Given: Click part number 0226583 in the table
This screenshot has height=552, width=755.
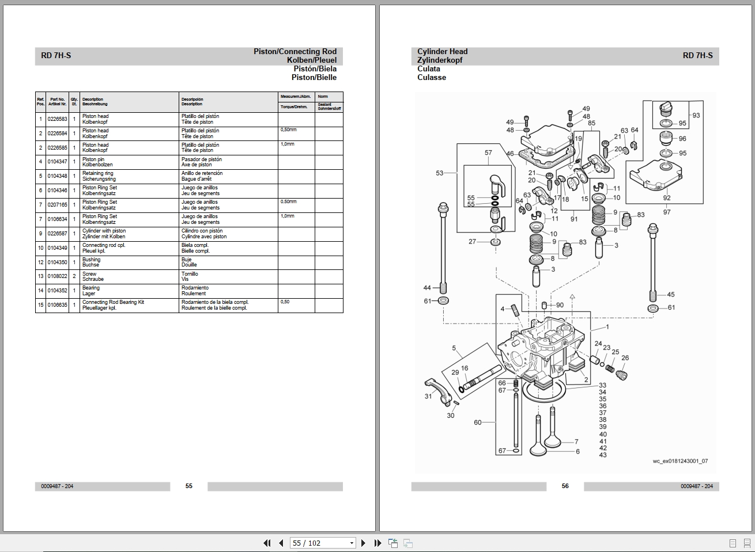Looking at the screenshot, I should click(57, 119).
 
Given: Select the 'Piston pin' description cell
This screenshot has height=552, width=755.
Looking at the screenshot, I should click(93, 162).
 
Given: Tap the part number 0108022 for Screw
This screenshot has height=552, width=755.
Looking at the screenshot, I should click(57, 276).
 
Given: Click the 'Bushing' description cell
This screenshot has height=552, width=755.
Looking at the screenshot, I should click(91, 262).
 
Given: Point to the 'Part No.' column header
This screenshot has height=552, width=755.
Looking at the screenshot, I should click(57, 101).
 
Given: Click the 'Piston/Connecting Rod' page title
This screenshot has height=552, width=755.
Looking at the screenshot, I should click(295, 51).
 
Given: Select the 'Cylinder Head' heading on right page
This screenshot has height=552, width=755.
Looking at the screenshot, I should click(442, 51).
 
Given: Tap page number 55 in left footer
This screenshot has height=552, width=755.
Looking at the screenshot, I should click(189, 486).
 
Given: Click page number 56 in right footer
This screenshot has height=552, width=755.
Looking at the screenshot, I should click(565, 486).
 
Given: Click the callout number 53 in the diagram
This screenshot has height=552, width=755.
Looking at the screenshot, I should click(440, 173).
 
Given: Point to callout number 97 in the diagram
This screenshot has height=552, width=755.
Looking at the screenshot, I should click(667, 212).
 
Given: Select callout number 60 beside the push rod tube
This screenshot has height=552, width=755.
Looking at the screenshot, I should click(477, 422).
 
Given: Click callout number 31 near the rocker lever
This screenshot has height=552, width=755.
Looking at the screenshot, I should click(428, 396).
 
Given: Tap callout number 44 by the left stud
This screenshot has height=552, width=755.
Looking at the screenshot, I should click(427, 288).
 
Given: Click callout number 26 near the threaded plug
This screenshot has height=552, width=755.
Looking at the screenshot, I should click(625, 357).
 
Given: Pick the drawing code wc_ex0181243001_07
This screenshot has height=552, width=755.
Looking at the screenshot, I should click(680, 461).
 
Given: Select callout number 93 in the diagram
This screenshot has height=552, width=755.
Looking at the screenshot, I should click(696, 115).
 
